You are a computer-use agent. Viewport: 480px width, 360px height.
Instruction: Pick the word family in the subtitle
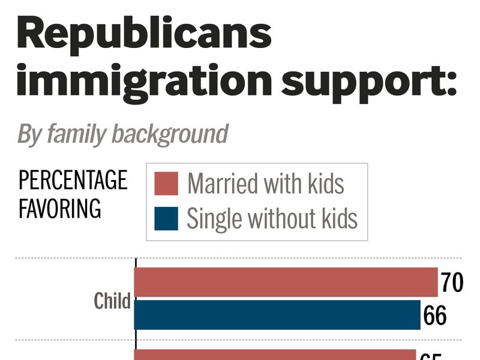point(73,134)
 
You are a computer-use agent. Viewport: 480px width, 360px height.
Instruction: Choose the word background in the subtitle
point(170,134)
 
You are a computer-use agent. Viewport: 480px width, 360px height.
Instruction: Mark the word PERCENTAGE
point(73,180)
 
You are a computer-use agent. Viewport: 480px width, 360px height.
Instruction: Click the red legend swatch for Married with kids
point(166,184)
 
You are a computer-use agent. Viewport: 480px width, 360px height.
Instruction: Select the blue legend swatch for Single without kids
point(166,218)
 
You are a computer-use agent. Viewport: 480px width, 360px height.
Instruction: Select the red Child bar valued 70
point(286,283)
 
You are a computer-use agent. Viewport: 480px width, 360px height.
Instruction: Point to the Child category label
point(112,301)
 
